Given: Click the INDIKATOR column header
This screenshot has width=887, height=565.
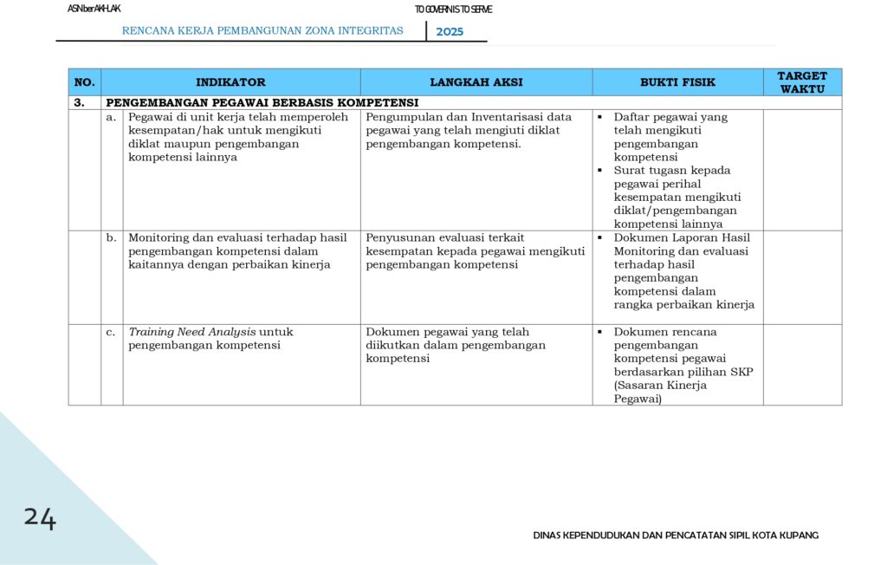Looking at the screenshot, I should point(230,82).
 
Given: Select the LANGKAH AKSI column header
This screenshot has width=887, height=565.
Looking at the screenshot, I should point(476,82).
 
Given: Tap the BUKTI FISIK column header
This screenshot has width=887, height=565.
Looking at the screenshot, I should point(677,82).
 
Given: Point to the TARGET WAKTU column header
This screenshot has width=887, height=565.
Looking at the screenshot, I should point(802,82).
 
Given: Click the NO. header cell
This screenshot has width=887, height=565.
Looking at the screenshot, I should point(84,82).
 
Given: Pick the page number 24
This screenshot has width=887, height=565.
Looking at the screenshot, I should point(40,518).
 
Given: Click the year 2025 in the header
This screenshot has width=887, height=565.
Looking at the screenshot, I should point(450,32).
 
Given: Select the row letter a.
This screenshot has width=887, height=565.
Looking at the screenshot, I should point(111,117).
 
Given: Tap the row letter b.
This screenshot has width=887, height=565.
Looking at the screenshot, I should point(111,237).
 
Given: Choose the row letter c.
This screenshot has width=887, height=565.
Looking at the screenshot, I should point(111,332).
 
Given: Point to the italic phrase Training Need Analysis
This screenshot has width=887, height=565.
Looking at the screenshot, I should point(192,332).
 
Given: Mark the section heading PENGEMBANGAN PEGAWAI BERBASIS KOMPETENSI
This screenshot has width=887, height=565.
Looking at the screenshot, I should point(262,102).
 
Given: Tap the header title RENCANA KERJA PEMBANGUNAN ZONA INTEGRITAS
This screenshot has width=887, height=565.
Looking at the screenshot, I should point(262,31).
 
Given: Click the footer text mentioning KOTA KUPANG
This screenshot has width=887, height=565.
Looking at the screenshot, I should point(676,535).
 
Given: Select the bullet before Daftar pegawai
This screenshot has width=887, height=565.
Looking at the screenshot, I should point(599,117).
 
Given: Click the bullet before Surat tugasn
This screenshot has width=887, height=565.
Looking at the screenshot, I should point(599,171).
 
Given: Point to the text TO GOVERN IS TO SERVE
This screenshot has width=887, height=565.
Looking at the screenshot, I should point(453,10).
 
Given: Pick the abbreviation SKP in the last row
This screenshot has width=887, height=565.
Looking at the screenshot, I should point(742,372).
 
